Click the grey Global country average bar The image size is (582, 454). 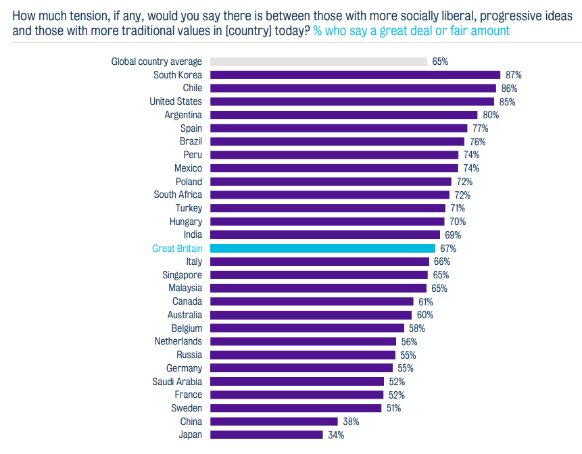click(x=318, y=61)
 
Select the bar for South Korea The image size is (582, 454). click(x=355, y=75)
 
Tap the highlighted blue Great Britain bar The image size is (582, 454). click(x=322, y=249)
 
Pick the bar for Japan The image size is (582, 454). click(x=266, y=435)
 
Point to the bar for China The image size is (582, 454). click(x=274, y=422)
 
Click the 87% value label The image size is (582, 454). click(x=514, y=75)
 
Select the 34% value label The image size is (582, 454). click(x=336, y=435)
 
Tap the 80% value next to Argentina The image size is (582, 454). click(x=491, y=115)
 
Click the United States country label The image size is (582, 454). click(x=176, y=101)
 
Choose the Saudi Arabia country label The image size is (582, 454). click(x=177, y=382)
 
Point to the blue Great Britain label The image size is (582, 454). click(x=177, y=249)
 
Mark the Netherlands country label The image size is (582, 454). click(x=178, y=341)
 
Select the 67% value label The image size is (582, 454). click(x=448, y=249)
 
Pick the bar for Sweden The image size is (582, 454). click(x=296, y=408)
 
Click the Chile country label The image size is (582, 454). click(x=192, y=89)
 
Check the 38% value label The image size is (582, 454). click(x=351, y=422)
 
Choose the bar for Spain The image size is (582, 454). click(x=339, y=128)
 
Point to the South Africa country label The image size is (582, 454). click(x=178, y=195)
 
